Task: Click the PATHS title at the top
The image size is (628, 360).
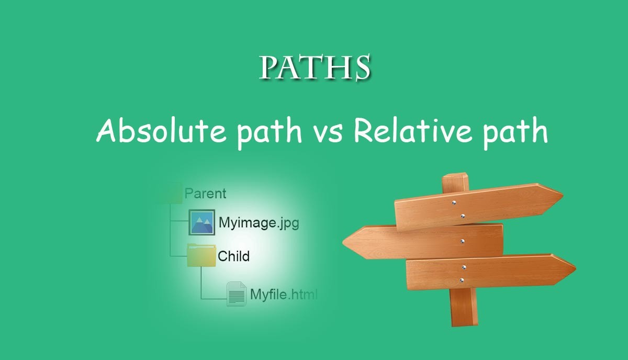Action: tap(315, 67)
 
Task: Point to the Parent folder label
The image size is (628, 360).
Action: tap(206, 194)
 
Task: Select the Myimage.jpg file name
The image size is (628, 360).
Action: tap(259, 223)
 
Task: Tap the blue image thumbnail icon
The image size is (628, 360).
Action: tap(201, 222)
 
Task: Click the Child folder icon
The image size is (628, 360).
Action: tap(201, 255)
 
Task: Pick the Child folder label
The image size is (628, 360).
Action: tap(233, 256)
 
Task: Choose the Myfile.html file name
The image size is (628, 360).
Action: tap(284, 295)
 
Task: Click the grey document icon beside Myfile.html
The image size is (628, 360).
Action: tap(237, 294)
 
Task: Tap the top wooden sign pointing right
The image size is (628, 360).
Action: tap(478, 207)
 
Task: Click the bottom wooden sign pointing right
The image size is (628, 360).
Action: tap(491, 271)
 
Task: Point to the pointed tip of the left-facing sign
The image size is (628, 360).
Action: tap(343, 242)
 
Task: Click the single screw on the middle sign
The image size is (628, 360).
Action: tap(462, 241)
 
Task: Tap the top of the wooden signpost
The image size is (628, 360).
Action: tap(455, 176)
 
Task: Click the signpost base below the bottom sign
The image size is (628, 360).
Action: tap(464, 307)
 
